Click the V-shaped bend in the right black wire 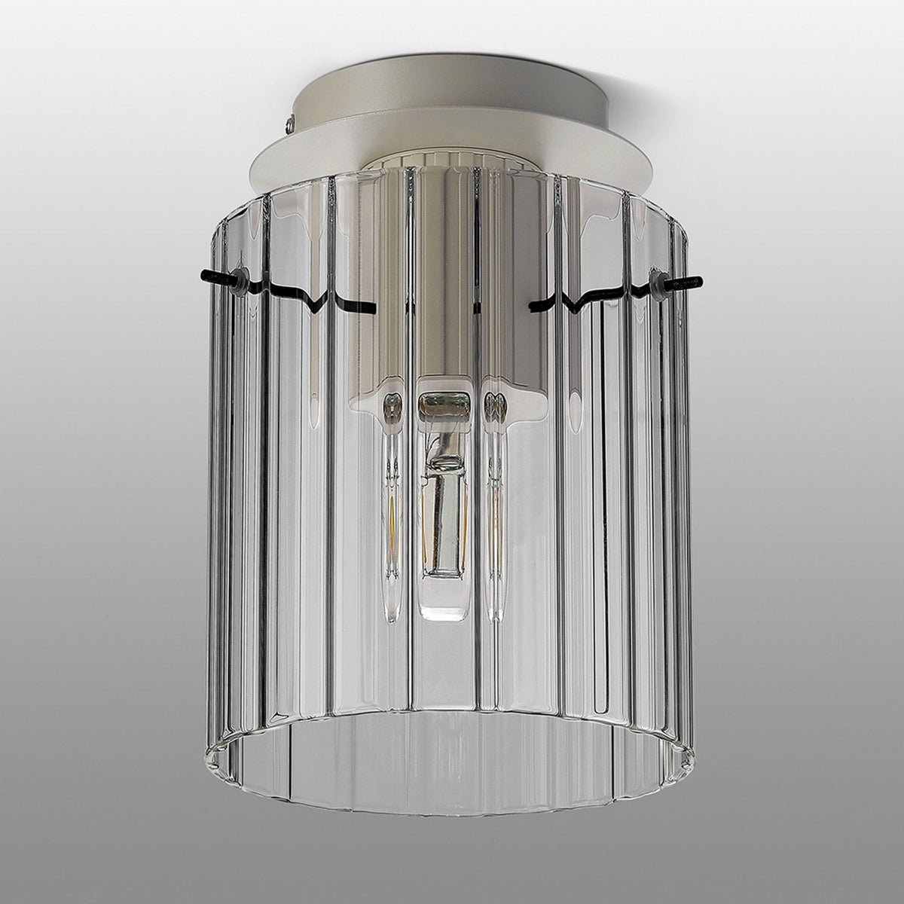point(576,303)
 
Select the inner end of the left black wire point(372,307)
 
